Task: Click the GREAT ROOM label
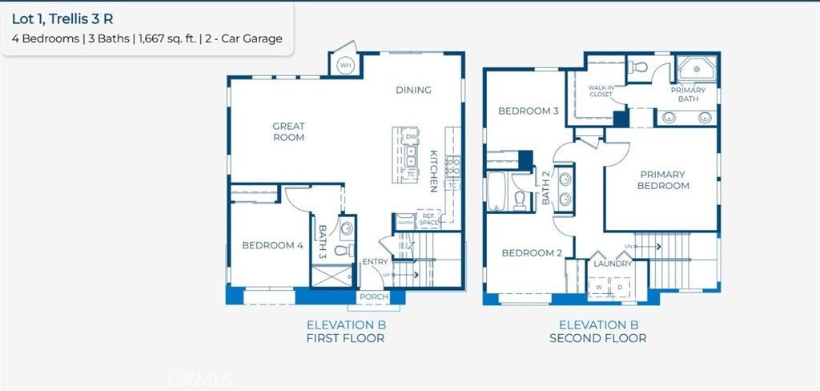[288, 131]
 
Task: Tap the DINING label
[413, 90]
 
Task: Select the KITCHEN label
[433, 171]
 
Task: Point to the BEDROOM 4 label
[272, 245]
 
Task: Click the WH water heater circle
[345, 65]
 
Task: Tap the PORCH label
[374, 297]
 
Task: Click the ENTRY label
[375, 262]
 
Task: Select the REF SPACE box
[428, 219]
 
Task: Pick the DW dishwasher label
[411, 137]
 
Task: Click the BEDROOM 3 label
[529, 111]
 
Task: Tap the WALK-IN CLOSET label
[601, 91]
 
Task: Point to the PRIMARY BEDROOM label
[663, 180]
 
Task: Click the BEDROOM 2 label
[532, 253]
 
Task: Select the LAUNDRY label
[613, 263]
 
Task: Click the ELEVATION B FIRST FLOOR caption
[346, 332]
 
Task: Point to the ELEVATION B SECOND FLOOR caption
[597, 332]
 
